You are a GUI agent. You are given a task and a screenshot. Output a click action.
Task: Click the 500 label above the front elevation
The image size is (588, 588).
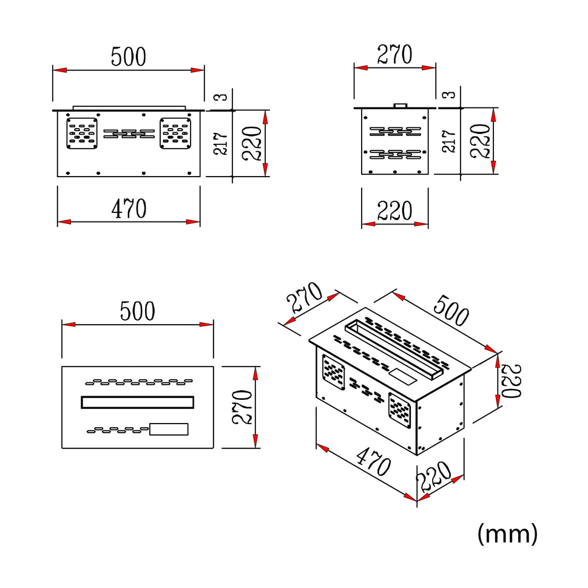(x=128, y=56)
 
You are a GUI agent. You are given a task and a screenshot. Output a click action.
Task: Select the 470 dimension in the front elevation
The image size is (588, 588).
(x=129, y=208)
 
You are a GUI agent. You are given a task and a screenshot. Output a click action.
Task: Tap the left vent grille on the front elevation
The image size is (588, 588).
(x=82, y=133)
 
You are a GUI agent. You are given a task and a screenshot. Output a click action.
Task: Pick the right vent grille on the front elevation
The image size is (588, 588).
(x=176, y=133)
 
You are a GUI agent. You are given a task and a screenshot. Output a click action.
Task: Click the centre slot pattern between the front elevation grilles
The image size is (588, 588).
(x=129, y=133)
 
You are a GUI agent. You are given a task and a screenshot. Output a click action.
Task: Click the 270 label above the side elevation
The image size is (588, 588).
(x=394, y=55)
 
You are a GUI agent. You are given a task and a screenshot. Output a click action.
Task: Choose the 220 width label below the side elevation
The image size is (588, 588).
(x=394, y=211)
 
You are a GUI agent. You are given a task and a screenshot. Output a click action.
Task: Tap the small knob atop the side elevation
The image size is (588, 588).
(x=401, y=106)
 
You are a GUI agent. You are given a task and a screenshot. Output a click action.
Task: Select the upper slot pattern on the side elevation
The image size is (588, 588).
(x=395, y=131)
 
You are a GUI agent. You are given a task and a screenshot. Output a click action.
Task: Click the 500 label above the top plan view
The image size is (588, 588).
(x=137, y=311)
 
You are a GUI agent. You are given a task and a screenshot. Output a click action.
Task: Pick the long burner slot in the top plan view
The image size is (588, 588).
(x=138, y=402)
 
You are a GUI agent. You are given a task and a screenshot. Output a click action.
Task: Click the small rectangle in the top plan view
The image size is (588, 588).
(x=169, y=429)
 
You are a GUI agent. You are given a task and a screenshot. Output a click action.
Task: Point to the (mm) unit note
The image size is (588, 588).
(x=507, y=534)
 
